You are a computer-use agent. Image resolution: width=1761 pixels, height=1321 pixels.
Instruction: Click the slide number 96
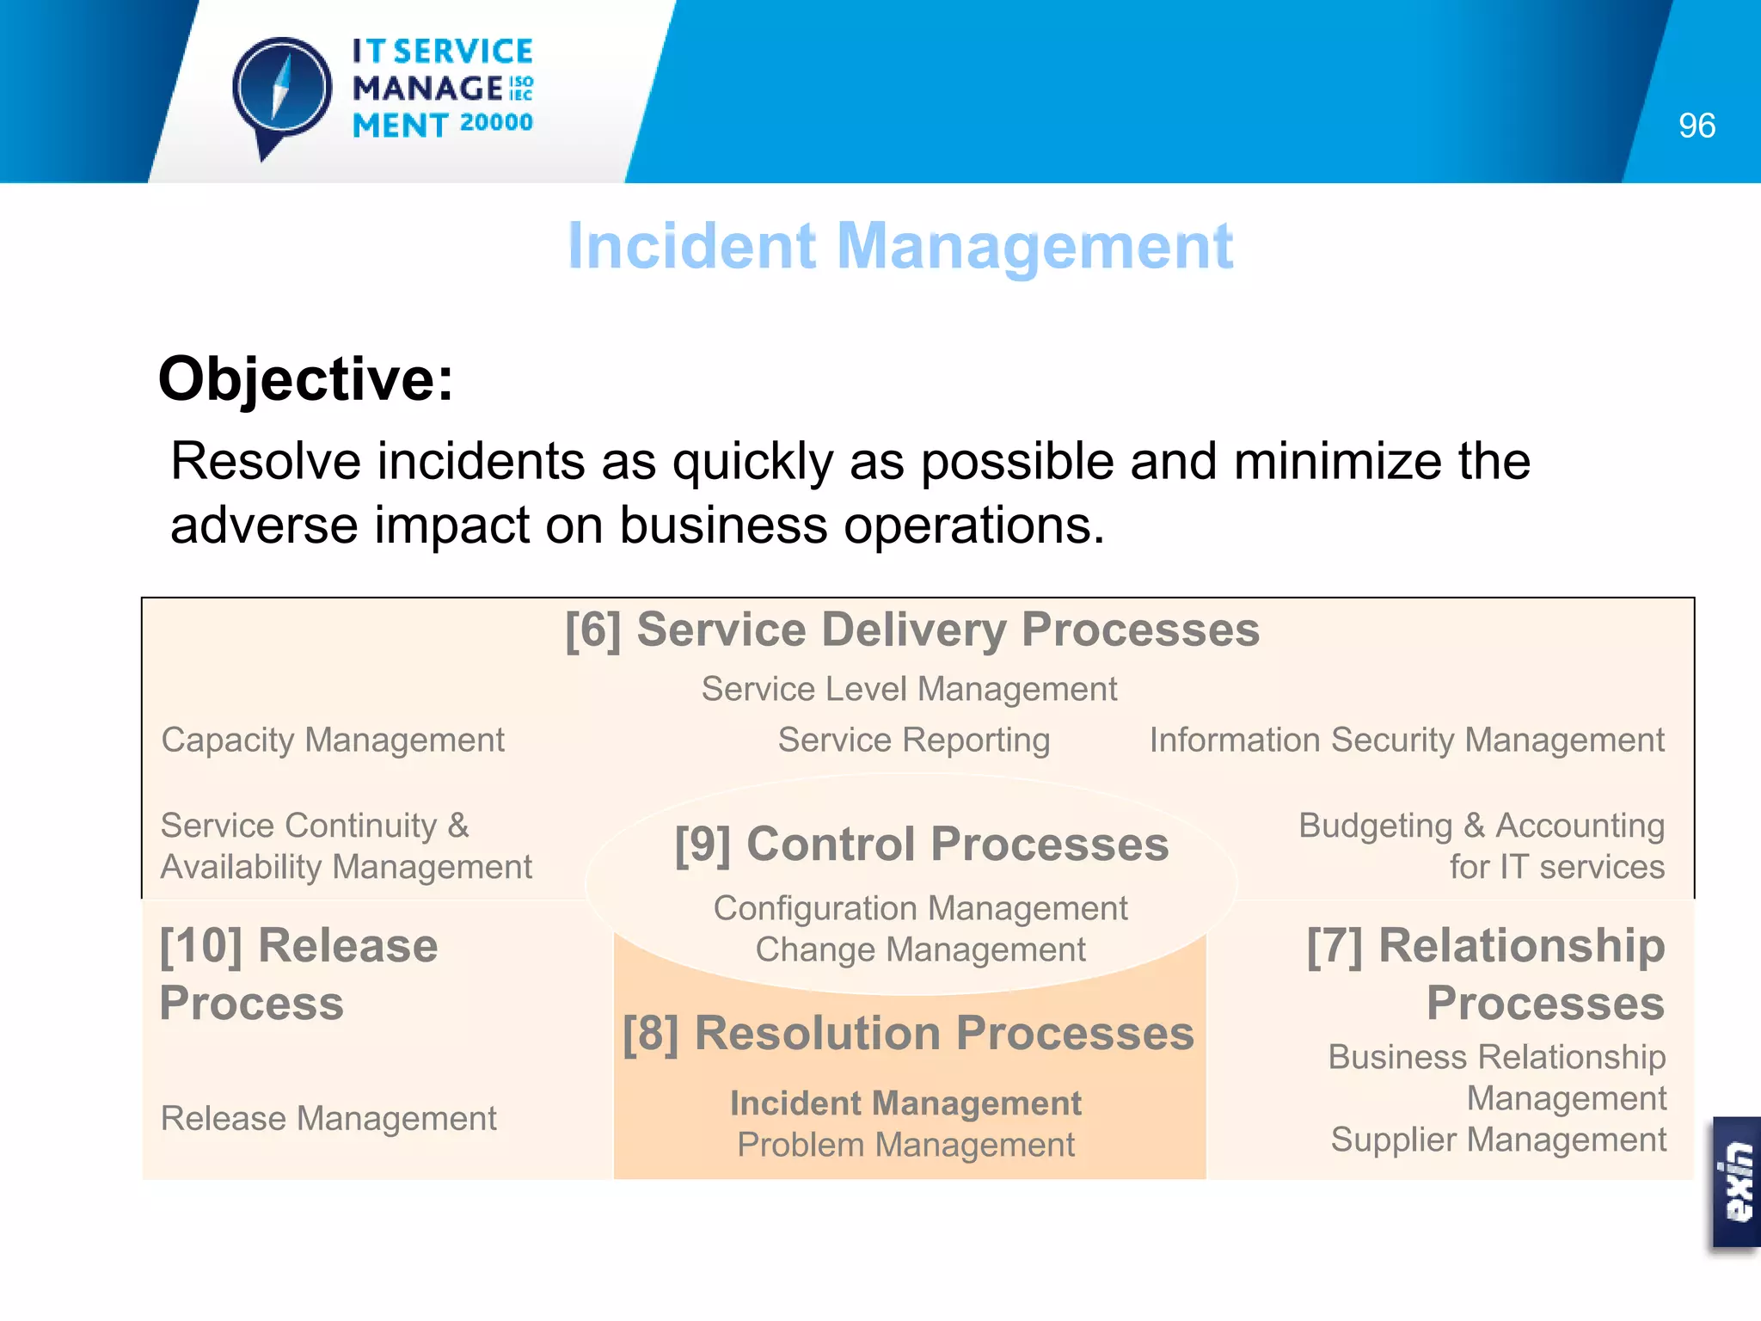tap(1696, 126)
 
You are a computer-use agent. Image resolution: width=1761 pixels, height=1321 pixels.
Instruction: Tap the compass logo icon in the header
tap(281, 91)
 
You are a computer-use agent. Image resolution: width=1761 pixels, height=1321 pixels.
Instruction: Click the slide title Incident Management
tap(900, 247)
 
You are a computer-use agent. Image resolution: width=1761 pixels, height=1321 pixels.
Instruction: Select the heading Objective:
tap(305, 379)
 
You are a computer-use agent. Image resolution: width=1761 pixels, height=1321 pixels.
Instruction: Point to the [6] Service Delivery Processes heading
tap(911, 630)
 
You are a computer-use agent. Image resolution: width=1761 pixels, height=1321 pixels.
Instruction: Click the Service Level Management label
tap(909, 689)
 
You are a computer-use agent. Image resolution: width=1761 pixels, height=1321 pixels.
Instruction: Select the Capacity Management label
tap(333, 740)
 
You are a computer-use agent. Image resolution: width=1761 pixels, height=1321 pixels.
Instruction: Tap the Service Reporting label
tap(913, 740)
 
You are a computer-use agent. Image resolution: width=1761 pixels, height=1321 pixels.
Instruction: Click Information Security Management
tap(1407, 740)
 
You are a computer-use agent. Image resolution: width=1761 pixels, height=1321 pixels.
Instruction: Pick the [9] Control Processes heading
tap(921, 844)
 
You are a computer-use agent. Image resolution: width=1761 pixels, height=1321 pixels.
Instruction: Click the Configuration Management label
tap(920, 908)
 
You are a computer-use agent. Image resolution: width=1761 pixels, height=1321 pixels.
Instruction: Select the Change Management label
tap(920, 949)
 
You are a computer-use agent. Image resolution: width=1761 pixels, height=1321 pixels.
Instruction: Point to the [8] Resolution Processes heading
tap(908, 1033)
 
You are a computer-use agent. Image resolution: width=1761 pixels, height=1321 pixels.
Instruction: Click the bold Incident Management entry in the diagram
tap(905, 1103)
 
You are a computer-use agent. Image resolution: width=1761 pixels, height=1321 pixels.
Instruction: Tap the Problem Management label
tap(905, 1145)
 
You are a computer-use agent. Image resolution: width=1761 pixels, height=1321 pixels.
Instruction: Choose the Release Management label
tap(328, 1118)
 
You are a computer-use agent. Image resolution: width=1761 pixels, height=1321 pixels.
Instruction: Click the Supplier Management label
tap(1498, 1140)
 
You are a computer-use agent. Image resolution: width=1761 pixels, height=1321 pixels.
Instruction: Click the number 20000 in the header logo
tap(496, 123)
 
